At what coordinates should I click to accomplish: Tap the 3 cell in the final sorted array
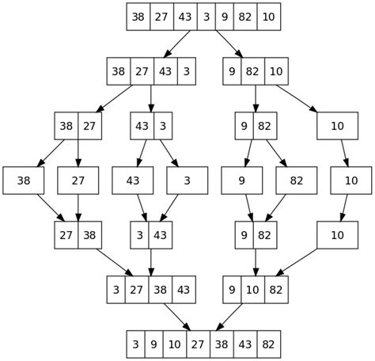(x=136, y=344)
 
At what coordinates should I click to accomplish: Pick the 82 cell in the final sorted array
(x=268, y=344)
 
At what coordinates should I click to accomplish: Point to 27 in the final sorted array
(x=193, y=344)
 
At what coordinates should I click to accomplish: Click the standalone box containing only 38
(x=24, y=180)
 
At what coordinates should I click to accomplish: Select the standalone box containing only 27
(x=78, y=180)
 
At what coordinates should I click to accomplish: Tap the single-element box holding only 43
(x=133, y=180)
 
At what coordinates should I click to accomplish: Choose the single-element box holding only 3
(x=187, y=180)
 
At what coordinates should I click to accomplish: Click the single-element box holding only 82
(x=297, y=180)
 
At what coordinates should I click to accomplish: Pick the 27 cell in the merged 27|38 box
(x=66, y=235)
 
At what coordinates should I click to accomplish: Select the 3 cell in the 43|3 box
(x=162, y=126)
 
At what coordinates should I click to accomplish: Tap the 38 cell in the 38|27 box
(x=66, y=126)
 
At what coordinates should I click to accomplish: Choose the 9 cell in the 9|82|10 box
(x=233, y=71)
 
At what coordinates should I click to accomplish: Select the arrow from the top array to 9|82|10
(x=229, y=44)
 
